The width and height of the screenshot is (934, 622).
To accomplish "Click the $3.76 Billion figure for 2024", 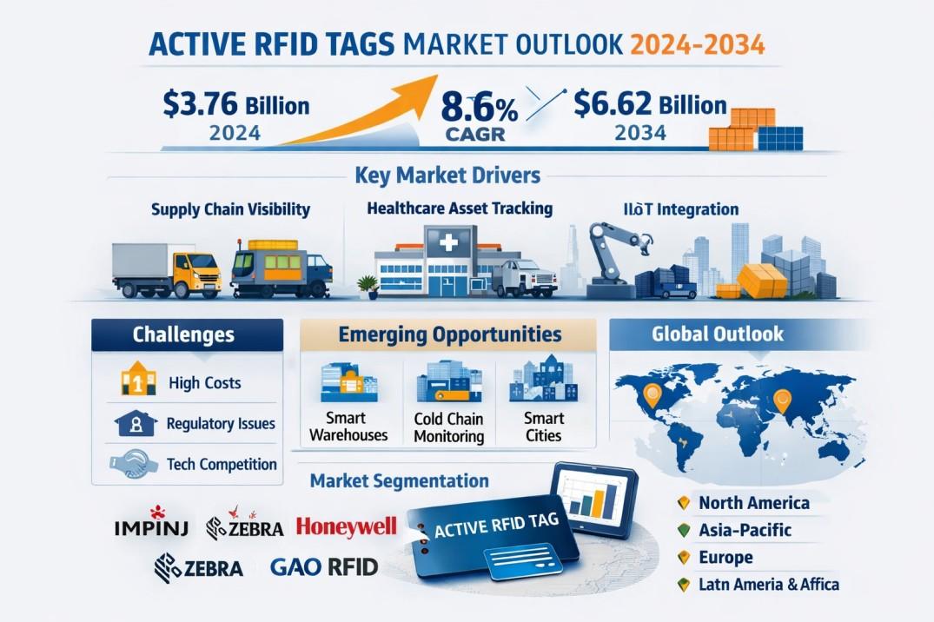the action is [x=235, y=103].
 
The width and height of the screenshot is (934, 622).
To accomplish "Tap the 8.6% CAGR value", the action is [x=479, y=109].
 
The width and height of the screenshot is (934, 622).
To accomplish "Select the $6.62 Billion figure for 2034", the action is [x=650, y=103].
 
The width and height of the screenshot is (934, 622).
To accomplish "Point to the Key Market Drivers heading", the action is [x=447, y=175].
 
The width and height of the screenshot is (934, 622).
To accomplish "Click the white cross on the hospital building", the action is [x=448, y=242].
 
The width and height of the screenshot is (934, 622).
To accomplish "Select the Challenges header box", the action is [x=187, y=334].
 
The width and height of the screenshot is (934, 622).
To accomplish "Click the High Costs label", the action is [x=204, y=382].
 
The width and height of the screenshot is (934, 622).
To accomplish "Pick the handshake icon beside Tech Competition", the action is [x=134, y=464].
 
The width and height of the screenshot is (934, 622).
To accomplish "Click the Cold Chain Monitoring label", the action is [x=448, y=427].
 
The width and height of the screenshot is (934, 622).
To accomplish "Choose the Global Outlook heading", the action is [x=717, y=334].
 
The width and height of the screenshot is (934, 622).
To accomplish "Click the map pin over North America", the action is [x=652, y=395].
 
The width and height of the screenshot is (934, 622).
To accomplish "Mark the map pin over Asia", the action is [x=781, y=401].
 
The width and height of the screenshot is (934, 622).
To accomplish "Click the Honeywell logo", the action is [x=346, y=526].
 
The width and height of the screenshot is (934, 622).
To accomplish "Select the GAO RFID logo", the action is [x=324, y=566].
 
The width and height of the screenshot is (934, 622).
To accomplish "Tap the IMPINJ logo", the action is [x=151, y=524].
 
